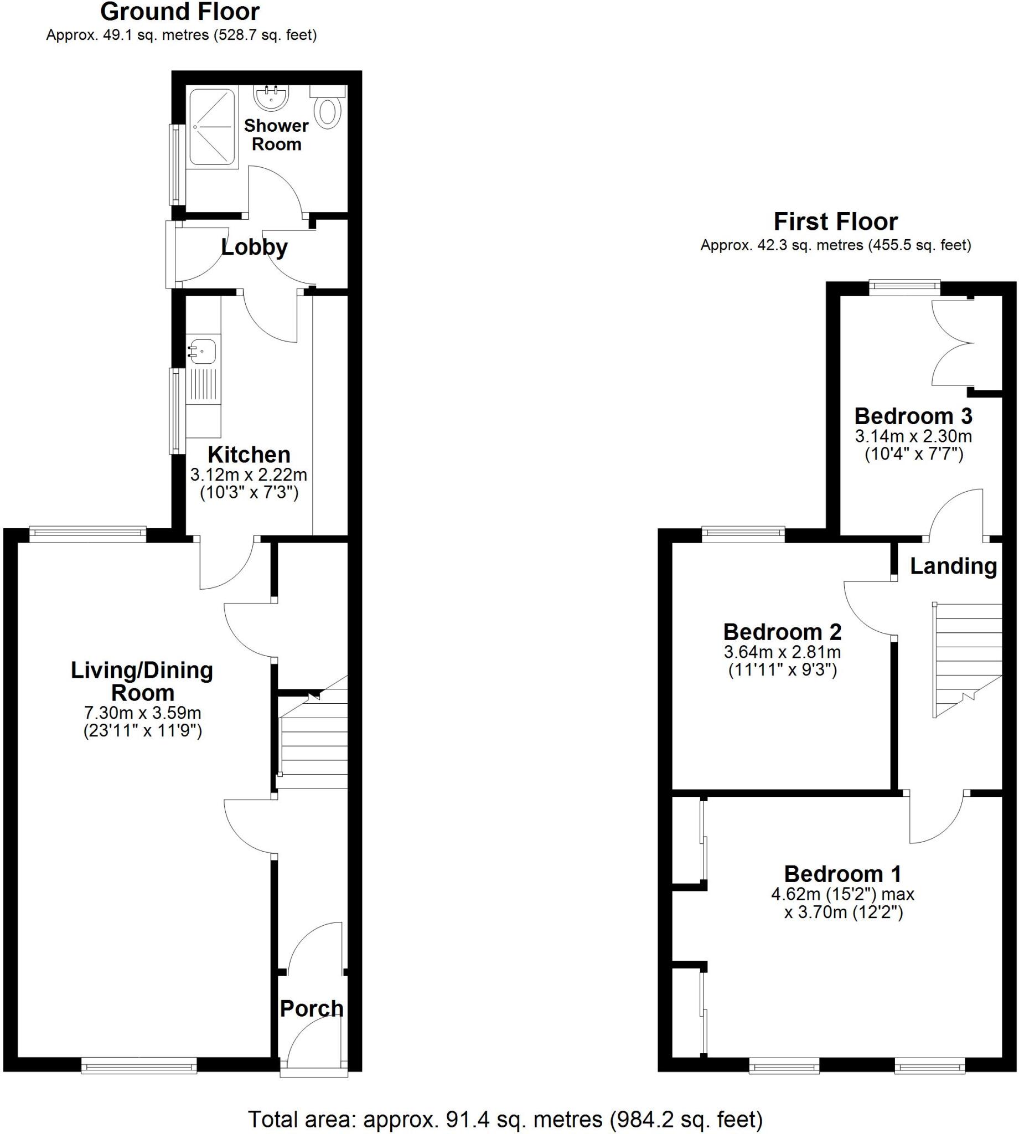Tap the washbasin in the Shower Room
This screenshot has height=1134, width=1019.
(272, 98)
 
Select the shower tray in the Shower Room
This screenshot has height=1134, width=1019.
(212, 127)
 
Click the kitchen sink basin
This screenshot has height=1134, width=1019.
(202, 351)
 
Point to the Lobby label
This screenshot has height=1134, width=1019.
(254, 247)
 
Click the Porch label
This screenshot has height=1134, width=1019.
(311, 1008)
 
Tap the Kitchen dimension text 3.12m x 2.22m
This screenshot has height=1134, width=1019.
(249, 475)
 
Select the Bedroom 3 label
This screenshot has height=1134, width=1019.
(913, 416)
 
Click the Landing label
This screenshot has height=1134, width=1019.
(953, 565)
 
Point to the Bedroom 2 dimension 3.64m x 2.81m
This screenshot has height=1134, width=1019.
(782, 652)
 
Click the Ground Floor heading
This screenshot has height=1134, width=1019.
(180, 12)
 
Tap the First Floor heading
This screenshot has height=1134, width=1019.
(835, 221)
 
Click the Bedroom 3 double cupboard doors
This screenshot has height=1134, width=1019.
(953, 343)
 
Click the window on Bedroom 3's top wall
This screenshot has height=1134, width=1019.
(904, 288)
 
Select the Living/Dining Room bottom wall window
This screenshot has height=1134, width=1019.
(139, 1065)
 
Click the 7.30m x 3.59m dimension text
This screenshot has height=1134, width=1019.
(142, 713)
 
